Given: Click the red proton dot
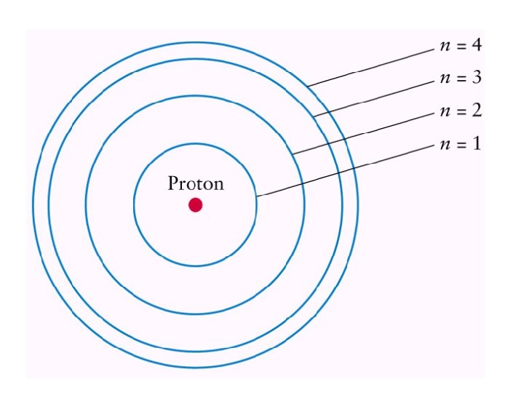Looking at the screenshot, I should tap(195, 205).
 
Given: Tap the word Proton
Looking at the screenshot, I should tap(196, 183).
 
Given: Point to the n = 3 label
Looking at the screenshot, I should tap(460, 77).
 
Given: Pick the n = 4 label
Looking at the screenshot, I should tap(460, 46).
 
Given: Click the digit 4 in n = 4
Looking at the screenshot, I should tap(477, 46).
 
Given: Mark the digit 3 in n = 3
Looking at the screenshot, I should tap(477, 77).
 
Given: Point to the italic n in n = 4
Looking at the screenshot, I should tap(445, 47).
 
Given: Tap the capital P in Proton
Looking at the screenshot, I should tap(172, 183).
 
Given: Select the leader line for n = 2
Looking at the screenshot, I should tap(364, 132).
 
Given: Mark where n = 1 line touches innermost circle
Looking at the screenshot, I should tap(257, 196).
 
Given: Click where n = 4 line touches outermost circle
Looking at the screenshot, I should tap(307, 87).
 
